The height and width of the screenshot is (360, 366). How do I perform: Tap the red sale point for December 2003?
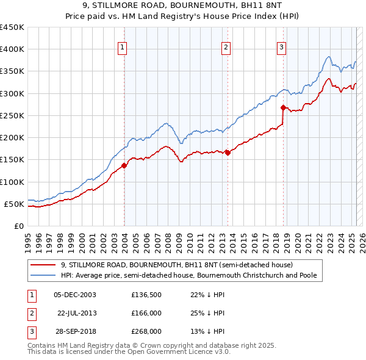point(124,165)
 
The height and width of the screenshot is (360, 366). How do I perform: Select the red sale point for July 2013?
point(228,153)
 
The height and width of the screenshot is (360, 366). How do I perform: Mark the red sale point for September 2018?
point(284,107)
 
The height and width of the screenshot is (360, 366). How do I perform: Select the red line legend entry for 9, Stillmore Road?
point(177,265)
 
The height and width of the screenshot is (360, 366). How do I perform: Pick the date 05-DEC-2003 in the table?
point(75,295)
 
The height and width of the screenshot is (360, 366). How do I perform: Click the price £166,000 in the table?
point(146,313)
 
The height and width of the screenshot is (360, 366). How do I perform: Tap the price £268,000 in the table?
point(146,331)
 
